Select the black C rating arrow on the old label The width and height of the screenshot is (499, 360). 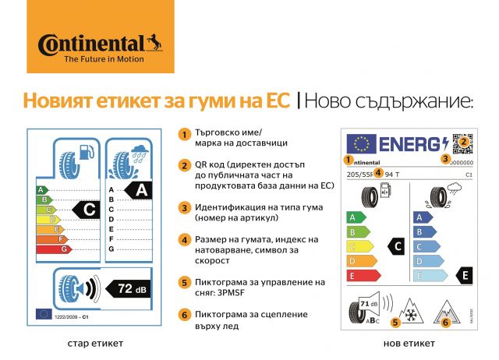90,209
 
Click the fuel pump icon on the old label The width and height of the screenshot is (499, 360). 83,151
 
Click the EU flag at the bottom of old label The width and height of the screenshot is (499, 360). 44,313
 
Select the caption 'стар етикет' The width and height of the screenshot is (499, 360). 94,343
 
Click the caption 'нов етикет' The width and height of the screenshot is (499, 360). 409,343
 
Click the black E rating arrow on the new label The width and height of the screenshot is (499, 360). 464,274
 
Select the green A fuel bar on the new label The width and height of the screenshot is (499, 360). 356,217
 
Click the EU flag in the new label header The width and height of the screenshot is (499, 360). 360,144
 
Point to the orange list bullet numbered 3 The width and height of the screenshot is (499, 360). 184,208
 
